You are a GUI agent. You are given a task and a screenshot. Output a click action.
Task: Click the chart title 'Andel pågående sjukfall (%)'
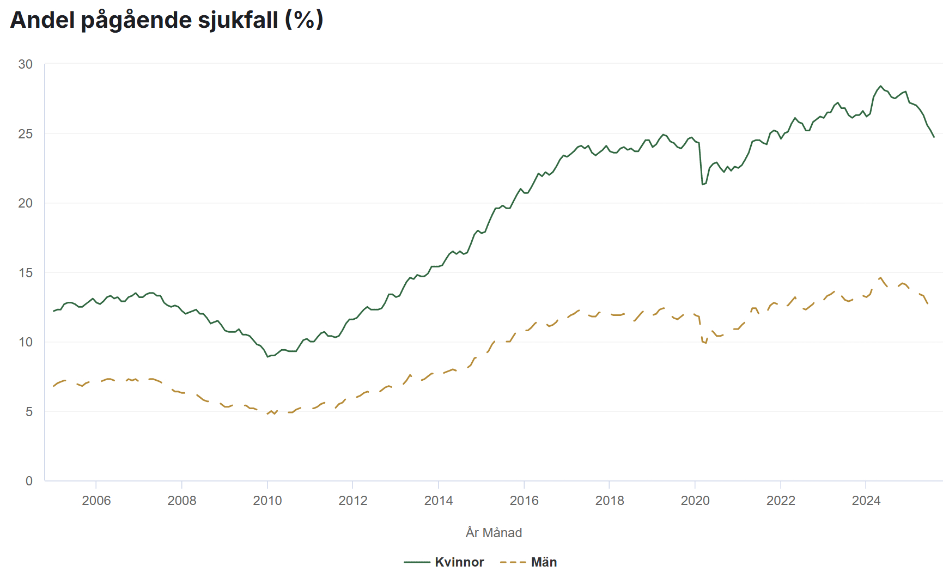tap(167, 20)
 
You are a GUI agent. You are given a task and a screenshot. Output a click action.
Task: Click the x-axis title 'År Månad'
tap(494, 533)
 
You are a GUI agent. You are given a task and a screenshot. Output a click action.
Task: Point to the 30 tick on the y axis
tap(26, 64)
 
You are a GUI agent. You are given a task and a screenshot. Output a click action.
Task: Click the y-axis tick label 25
tap(26, 134)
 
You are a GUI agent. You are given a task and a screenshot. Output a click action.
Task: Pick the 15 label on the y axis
tap(26, 273)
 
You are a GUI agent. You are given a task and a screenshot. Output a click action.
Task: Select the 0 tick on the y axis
tap(29, 481)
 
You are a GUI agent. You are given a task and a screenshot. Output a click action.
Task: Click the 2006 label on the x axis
tap(96, 501)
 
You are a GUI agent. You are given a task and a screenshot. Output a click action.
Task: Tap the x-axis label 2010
tap(267, 501)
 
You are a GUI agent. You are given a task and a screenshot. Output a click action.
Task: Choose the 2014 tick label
tap(439, 501)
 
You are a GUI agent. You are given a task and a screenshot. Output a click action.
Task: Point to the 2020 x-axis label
tap(695, 501)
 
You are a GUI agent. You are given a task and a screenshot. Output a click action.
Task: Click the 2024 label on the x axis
tap(866, 501)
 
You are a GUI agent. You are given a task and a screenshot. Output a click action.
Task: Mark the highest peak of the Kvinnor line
tap(880, 86)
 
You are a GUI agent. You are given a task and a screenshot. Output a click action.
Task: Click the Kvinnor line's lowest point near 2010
tap(267, 357)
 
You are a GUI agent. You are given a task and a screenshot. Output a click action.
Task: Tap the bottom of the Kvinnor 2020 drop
tap(703, 184)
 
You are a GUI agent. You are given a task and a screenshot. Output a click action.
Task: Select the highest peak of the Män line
tap(881, 277)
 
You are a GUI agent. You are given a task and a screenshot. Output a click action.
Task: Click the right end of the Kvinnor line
tap(934, 137)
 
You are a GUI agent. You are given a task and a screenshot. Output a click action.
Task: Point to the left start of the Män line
tap(53, 386)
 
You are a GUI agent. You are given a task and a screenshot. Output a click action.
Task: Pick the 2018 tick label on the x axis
tap(610, 501)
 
